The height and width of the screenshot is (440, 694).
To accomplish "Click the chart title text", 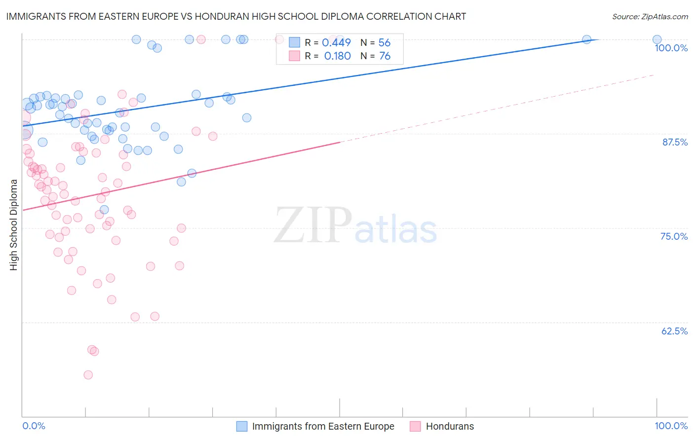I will [x=236, y=16].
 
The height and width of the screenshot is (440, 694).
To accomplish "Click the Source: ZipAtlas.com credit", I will [x=650, y=17].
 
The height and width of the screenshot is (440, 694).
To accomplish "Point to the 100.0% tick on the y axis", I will [x=671, y=48].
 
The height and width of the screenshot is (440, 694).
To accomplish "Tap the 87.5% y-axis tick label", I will [x=674, y=142].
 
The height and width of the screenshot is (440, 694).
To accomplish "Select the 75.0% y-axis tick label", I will [x=674, y=236].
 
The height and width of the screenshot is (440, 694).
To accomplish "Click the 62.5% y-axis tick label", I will [x=674, y=331].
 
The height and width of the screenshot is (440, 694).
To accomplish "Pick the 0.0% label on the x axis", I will [x=34, y=426].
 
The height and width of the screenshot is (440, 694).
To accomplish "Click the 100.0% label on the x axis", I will [x=671, y=426].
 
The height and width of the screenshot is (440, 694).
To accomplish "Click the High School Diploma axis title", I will [x=14, y=225].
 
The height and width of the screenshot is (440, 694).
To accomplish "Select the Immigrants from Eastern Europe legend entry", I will [x=323, y=426].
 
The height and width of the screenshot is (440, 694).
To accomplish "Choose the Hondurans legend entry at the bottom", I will [x=449, y=426].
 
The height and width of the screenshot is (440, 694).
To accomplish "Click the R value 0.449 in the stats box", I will [x=336, y=43].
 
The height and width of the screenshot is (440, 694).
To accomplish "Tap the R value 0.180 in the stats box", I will [x=337, y=56].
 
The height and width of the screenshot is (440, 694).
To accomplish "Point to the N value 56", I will [x=384, y=43].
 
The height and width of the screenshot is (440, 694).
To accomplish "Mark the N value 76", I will [x=385, y=56].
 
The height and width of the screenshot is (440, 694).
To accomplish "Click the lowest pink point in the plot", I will [x=88, y=375].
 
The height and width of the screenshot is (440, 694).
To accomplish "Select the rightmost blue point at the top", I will [x=657, y=39].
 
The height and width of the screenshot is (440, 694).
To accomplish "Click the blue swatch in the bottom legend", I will [x=242, y=426].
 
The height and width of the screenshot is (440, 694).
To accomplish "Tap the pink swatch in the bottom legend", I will [x=416, y=426].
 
